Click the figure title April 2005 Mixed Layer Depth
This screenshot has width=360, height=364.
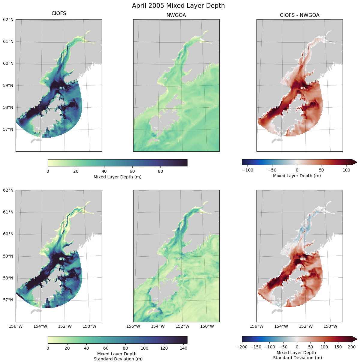[x=178, y=6]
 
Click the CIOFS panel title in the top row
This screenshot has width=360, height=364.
[x=59, y=13]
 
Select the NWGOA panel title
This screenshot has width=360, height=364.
[x=176, y=15]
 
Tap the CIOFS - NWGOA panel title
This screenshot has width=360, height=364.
[x=299, y=15]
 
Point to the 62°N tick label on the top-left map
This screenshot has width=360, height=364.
[x=8, y=19]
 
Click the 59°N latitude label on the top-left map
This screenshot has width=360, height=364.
[x=8, y=85]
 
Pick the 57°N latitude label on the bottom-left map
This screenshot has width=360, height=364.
[x=8, y=300]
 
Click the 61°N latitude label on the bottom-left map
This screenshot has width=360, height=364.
[x=8, y=212]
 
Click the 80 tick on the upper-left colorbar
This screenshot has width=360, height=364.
[x=160, y=172]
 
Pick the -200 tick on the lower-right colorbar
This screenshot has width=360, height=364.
[x=242, y=347]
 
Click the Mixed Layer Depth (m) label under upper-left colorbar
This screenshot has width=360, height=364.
[x=117, y=177]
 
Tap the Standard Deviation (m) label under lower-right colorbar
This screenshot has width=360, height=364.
[x=297, y=358]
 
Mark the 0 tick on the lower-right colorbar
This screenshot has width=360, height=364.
[x=297, y=347]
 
